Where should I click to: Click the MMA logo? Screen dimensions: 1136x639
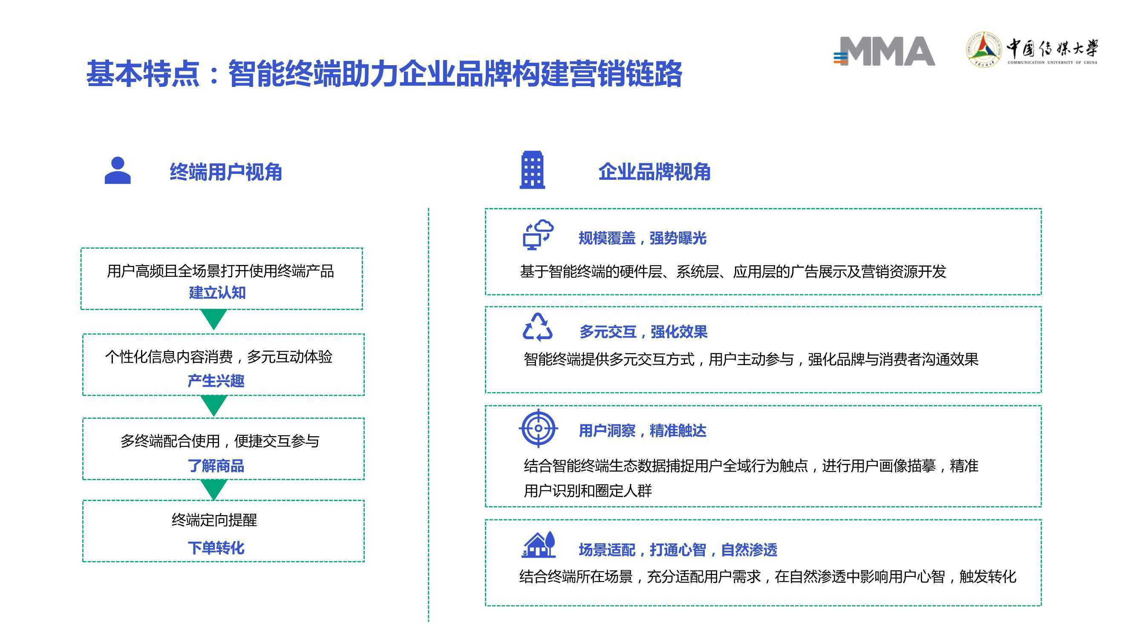(x=884, y=51)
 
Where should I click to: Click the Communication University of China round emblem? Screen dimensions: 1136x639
(x=983, y=49)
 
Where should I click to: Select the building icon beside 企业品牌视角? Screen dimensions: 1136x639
(x=532, y=170)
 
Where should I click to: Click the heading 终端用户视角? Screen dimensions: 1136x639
(x=226, y=172)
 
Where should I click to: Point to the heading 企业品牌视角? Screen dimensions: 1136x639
(x=654, y=172)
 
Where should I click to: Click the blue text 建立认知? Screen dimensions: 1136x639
(x=217, y=292)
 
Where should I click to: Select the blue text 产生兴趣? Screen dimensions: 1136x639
(x=216, y=380)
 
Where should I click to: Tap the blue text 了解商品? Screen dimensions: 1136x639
(x=216, y=466)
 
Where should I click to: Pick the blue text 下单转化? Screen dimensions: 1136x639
(x=216, y=548)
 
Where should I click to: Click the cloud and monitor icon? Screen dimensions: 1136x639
(x=538, y=235)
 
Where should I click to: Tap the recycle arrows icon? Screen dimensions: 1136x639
(x=538, y=327)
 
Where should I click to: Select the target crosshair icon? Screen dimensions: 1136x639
(x=539, y=428)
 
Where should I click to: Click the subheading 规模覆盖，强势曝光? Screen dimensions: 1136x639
(x=643, y=238)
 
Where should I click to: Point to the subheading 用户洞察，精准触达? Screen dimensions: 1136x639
(x=643, y=430)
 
